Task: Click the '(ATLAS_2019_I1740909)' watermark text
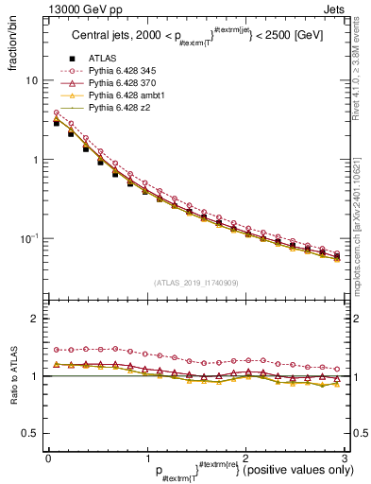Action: tap(196, 283)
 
